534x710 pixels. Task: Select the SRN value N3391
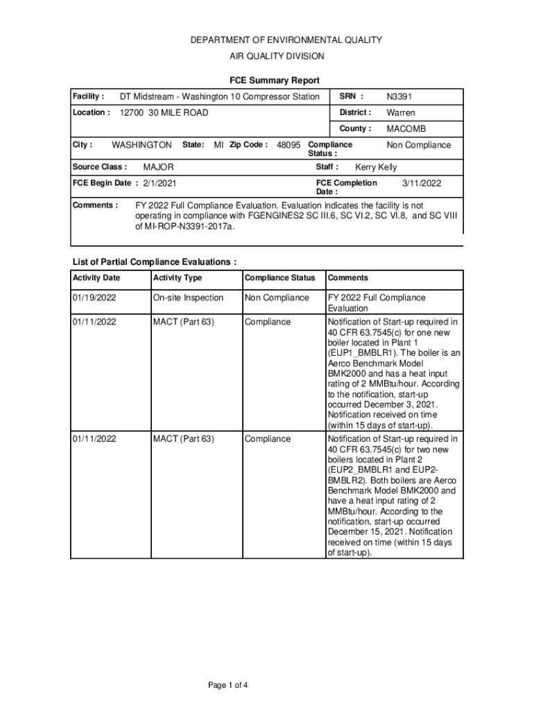(x=399, y=96)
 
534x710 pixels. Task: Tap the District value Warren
(x=401, y=112)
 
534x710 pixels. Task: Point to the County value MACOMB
(x=406, y=129)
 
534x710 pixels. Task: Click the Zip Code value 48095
(x=288, y=145)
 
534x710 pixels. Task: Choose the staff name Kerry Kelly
(x=376, y=167)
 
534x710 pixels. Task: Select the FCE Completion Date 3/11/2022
(x=422, y=183)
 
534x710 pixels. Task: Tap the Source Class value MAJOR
(x=158, y=167)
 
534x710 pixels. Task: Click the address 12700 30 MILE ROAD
(x=164, y=112)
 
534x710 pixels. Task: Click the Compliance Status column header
(x=279, y=278)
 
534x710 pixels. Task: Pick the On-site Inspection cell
(x=188, y=297)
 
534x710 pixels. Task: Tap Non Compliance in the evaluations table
(x=277, y=297)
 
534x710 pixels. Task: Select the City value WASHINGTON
(x=141, y=145)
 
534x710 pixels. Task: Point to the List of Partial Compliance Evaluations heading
(x=155, y=262)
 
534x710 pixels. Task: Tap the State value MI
(x=218, y=145)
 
